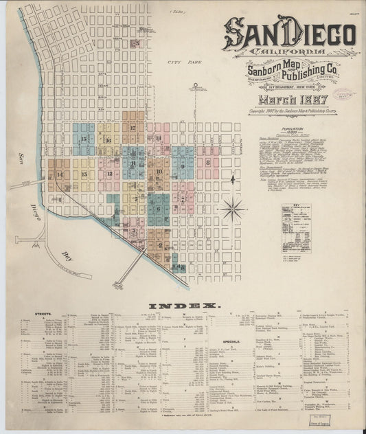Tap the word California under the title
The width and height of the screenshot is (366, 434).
pos(289,54)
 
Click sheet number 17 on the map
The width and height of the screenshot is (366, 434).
pos(132,128)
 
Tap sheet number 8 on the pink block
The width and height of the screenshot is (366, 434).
pos(207,163)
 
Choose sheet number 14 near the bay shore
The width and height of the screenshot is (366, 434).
pos(59,175)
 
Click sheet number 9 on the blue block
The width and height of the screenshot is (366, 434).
pos(183,165)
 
